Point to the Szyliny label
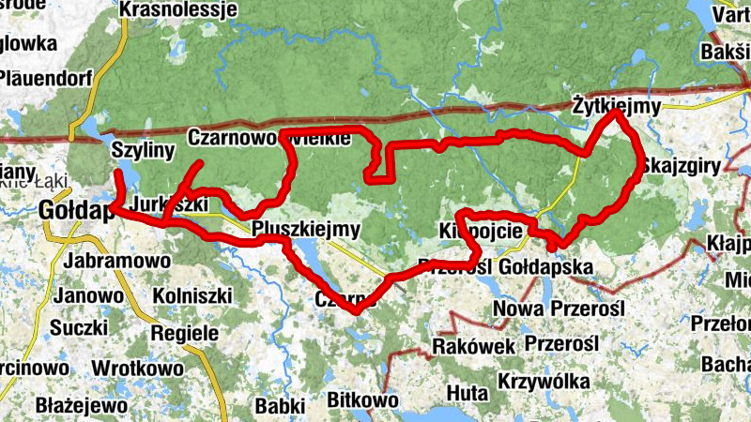(138, 149)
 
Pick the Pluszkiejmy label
(306, 229)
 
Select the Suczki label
(80, 329)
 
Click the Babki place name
(280, 406)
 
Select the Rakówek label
(473, 346)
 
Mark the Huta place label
(467, 391)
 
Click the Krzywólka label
(544, 382)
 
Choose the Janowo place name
(89, 295)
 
